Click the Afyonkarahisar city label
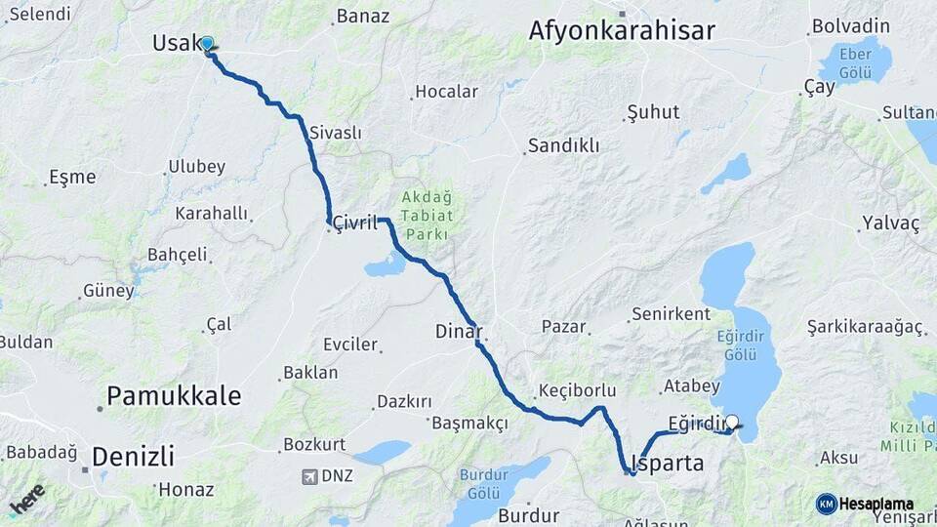[622, 30]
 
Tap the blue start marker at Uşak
[207, 44]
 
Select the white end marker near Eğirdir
[732, 423]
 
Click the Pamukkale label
[174, 395]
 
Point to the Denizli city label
[133, 456]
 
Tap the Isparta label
[668, 463]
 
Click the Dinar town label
[459, 332]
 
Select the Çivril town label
[354, 223]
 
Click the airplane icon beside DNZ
[310, 476]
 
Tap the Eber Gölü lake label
[855, 61]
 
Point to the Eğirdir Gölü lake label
[740, 345]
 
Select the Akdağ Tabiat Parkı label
[426, 215]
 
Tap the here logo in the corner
[26, 499]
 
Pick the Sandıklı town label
[563, 145]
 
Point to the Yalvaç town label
[890, 223]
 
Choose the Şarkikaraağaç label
[865, 327]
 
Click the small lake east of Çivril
[386, 264]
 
